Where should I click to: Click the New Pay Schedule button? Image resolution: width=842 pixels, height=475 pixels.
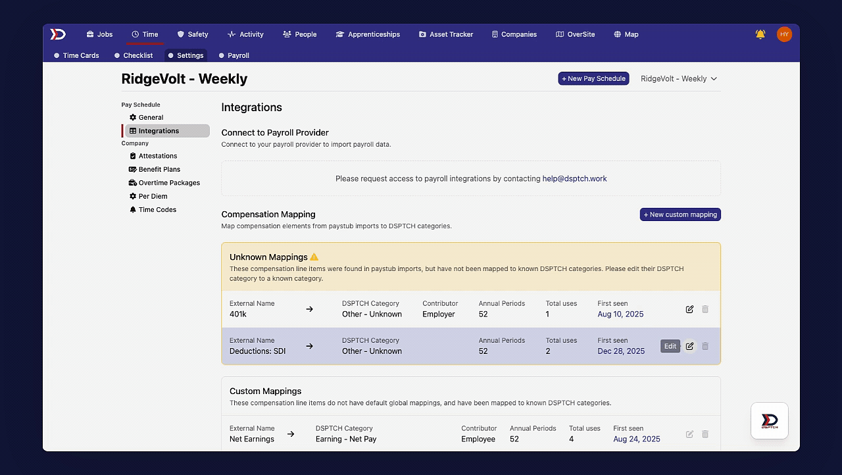[x=593, y=78]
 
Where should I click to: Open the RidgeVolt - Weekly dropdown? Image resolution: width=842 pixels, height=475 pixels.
[x=679, y=78]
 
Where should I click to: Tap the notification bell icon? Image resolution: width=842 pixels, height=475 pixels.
[x=760, y=34]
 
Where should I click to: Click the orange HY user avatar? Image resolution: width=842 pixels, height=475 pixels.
[x=784, y=34]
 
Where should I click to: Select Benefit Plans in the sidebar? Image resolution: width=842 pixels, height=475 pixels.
[x=159, y=169]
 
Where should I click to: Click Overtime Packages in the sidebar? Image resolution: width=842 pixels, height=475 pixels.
[x=169, y=183]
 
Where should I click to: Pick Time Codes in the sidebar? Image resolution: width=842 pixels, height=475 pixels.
[x=157, y=209]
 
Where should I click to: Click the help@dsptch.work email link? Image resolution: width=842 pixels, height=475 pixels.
[x=574, y=178]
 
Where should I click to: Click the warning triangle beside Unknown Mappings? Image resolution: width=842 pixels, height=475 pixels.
[x=314, y=257]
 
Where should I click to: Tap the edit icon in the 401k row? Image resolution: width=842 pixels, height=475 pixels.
[x=689, y=309]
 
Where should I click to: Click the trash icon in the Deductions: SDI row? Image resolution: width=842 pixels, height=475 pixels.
[x=705, y=346]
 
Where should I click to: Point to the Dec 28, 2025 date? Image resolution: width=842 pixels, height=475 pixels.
[x=621, y=351]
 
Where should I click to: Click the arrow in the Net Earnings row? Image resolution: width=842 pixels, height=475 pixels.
[x=291, y=434]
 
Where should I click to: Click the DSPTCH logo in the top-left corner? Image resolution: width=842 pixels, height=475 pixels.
[x=58, y=34]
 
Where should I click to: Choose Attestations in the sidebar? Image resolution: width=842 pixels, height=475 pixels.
[x=157, y=156]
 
